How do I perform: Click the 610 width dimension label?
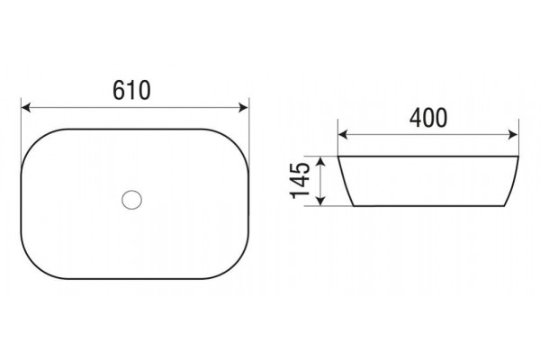[131, 90]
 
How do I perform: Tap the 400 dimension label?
[428, 118]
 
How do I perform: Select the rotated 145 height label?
[301, 181]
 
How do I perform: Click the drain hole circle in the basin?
[131, 200]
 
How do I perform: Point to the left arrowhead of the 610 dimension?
[26, 107]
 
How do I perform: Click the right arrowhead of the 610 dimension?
[243, 107]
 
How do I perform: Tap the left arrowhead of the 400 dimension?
[343, 135]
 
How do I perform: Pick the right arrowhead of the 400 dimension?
[513, 135]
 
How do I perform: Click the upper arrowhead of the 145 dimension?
[320, 162]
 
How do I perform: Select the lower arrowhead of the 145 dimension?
[320, 201]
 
